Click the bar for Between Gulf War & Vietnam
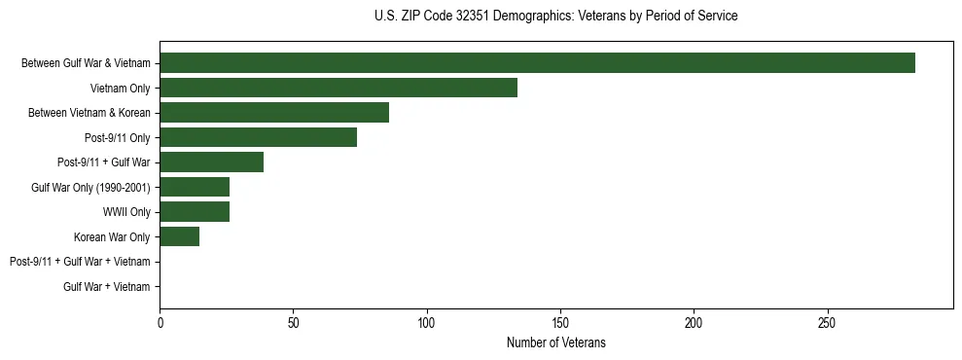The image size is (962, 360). [537, 63]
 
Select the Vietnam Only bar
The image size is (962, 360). [338, 88]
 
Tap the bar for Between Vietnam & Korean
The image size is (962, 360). [274, 113]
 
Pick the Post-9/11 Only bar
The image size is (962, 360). [258, 137]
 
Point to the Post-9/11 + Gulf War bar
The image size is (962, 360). [211, 162]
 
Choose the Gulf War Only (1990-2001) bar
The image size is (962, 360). [195, 187]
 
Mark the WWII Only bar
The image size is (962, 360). [195, 212]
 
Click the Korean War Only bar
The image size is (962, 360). [179, 236]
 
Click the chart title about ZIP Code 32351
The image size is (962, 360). [555, 16]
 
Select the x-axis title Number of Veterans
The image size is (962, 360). [555, 342]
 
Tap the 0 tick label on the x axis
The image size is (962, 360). [160, 322]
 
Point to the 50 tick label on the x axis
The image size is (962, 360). [293, 322]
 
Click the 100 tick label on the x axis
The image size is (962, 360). [426, 322]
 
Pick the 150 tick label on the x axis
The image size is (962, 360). [560, 322]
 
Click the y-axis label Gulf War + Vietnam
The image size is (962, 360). [107, 286]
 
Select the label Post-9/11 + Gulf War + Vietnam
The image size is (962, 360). [80, 262]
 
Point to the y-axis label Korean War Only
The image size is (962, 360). [112, 236]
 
